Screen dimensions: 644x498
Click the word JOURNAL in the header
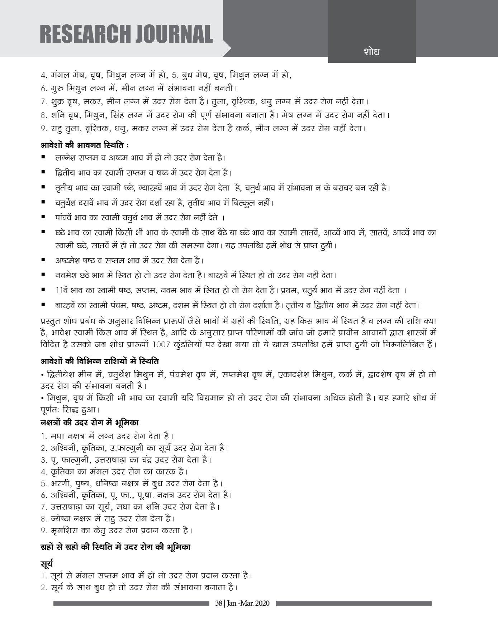(174, 34)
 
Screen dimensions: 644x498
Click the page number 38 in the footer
(218, 603)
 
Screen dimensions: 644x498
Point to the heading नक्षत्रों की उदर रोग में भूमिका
(90, 423)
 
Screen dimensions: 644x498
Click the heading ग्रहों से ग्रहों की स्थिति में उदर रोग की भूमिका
(115, 547)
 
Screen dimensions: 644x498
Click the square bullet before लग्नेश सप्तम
(43, 157)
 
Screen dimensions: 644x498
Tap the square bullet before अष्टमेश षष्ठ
(43, 260)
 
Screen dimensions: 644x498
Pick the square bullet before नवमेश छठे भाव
(43, 275)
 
